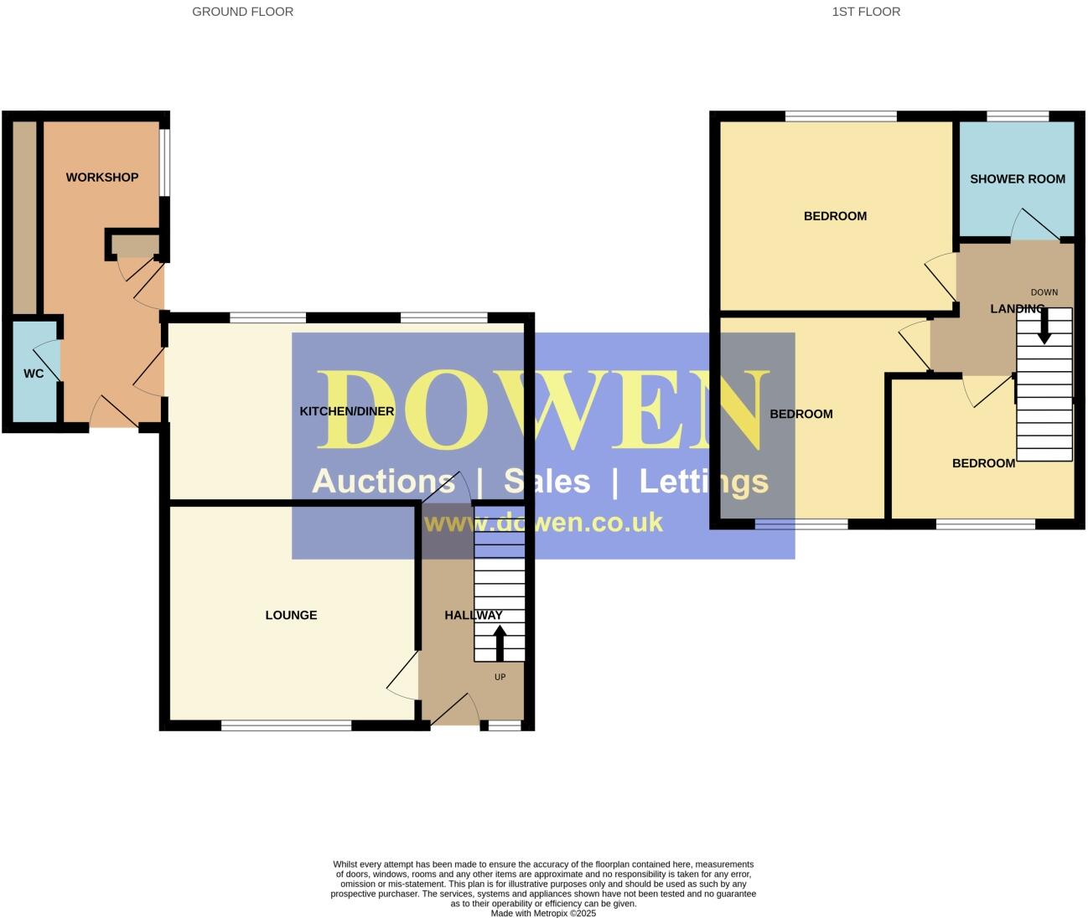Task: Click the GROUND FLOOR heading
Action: tap(242, 12)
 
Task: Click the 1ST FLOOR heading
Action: tap(866, 12)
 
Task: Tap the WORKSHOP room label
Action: tap(102, 178)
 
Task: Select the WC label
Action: tap(34, 374)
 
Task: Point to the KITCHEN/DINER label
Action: tap(347, 411)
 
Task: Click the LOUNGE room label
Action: tap(291, 615)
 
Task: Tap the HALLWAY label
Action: tap(474, 615)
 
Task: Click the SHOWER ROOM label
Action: tap(1017, 179)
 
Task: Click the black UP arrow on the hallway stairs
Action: tap(500, 644)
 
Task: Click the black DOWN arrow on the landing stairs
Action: tap(1044, 327)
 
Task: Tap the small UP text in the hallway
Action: tap(500, 677)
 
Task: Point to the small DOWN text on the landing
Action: tap(1044, 292)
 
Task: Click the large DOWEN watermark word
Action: tap(543, 411)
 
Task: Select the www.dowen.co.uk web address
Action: tap(543, 523)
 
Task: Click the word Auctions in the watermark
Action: tap(383, 482)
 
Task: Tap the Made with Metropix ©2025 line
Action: tap(543, 913)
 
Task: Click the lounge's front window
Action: tap(286, 725)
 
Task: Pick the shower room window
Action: tap(1017, 116)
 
